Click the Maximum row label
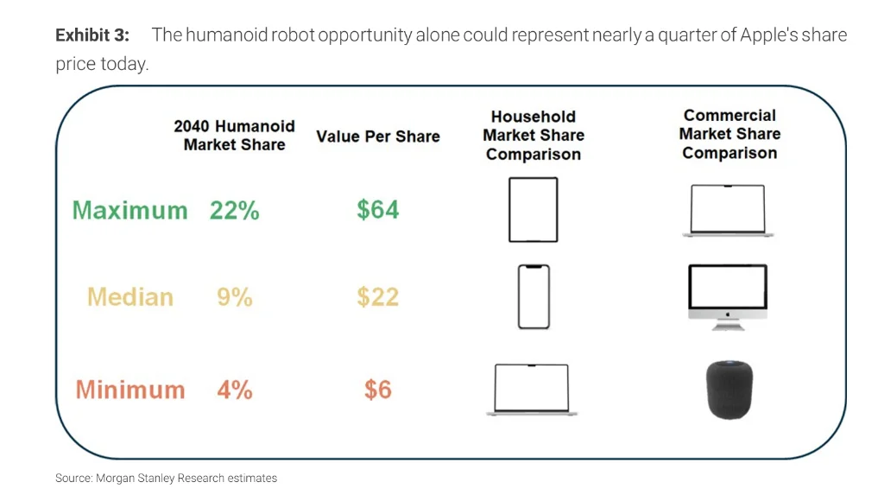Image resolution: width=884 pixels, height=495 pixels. [x=129, y=210]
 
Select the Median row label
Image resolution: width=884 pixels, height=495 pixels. [x=130, y=297]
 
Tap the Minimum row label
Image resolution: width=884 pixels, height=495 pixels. [x=130, y=390]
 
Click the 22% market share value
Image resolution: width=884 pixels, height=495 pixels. [x=234, y=210]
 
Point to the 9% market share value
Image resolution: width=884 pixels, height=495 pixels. [x=234, y=297]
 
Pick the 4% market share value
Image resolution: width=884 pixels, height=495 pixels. [x=234, y=390]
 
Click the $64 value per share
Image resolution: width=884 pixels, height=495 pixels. [x=377, y=209]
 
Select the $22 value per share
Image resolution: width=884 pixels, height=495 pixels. [x=377, y=297]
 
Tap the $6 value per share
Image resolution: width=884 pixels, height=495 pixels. [x=377, y=390]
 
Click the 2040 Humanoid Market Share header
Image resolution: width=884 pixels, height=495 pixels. [x=234, y=136]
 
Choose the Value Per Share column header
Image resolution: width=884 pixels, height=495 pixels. [x=377, y=136]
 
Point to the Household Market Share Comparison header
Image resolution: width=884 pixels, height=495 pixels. [x=533, y=136]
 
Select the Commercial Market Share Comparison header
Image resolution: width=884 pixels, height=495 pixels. [x=729, y=134]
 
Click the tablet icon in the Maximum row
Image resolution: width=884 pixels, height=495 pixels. [x=533, y=210]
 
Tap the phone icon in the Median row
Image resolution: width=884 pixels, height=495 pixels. [x=533, y=296]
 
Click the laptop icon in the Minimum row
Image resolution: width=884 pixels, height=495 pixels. [x=532, y=390]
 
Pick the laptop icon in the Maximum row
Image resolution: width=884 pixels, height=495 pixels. [x=728, y=210]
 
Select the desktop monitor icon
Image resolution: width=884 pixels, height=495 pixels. [x=728, y=296]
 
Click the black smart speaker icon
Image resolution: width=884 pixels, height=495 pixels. [x=729, y=390]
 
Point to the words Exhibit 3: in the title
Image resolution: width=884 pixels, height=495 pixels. [x=92, y=35]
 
